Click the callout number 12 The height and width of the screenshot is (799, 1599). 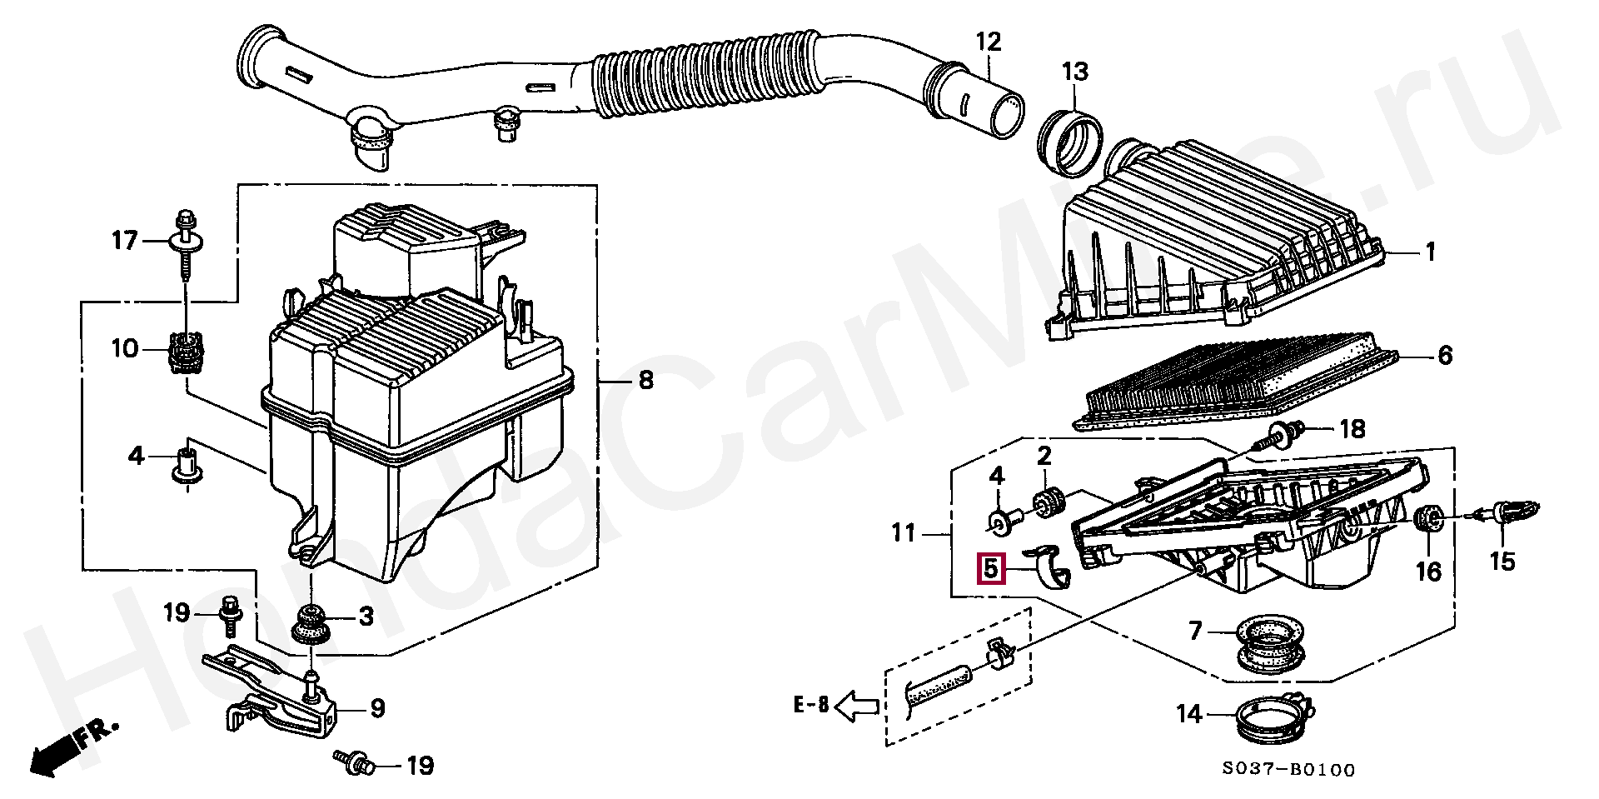point(989,42)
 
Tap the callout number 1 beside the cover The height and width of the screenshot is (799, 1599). point(1430,251)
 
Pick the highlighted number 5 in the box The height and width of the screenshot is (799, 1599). point(990,570)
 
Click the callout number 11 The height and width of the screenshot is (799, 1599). point(904,532)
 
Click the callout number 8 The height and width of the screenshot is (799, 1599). point(645,381)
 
